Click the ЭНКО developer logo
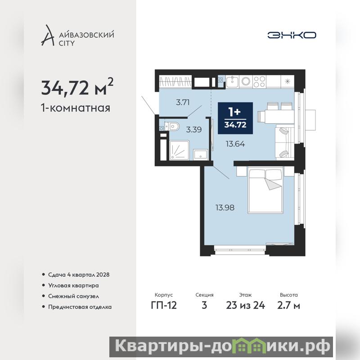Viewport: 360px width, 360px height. (292, 35)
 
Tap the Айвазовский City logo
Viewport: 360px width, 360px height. (77, 36)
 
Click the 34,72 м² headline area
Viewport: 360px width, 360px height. (77, 87)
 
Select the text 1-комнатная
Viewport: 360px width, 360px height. (76, 108)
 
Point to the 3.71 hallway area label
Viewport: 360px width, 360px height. (183, 102)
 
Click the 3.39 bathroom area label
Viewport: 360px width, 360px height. (194, 130)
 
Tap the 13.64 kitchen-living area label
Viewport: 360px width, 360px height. (235, 144)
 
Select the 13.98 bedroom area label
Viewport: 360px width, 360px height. (225, 207)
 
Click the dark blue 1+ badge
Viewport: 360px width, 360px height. (235, 118)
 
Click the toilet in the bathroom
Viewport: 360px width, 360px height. (172, 126)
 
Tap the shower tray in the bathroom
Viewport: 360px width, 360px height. (179, 150)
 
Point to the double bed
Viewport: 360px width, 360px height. (265, 190)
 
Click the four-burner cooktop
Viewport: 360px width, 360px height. (260, 81)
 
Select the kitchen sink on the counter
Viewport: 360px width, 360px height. (233, 81)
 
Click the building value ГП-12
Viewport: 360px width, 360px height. (164, 306)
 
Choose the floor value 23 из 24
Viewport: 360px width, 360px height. (245, 306)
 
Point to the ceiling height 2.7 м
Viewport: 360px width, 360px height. (288, 306)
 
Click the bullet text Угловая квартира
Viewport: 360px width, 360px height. (73, 285)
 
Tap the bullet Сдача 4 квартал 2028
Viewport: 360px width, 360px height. (79, 274)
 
